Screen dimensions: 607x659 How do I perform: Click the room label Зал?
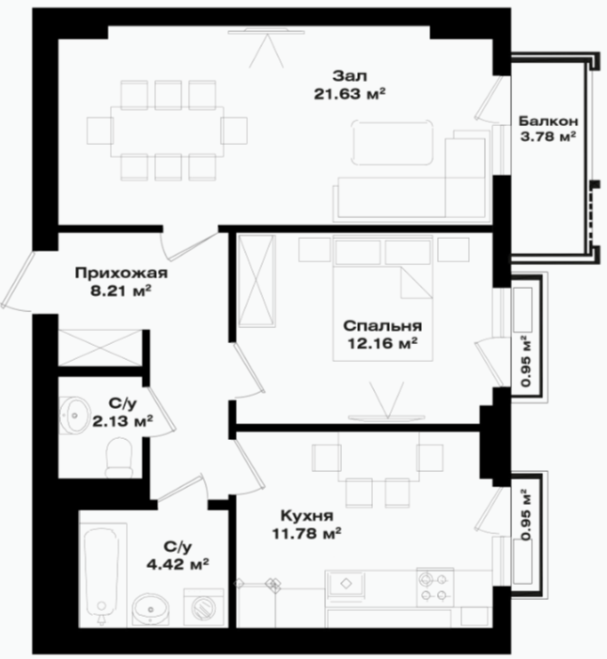coord(350,76)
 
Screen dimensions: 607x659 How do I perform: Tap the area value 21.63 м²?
coord(350,94)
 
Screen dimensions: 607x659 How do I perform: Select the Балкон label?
coord(548,121)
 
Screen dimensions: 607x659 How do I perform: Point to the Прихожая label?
coord(121,274)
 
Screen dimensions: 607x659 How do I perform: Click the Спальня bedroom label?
coord(382,325)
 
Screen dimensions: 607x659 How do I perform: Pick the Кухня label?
coord(306,516)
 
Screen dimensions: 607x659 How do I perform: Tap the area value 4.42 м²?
coord(178,564)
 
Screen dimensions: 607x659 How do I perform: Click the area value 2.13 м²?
coord(122,421)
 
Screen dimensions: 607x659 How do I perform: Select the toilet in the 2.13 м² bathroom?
coord(119,457)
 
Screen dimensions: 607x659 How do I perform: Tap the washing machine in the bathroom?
coord(204,607)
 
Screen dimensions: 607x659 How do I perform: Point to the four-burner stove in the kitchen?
coord(435,588)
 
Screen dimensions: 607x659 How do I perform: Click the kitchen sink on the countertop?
coord(346,584)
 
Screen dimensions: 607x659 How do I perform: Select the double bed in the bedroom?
coord(382,298)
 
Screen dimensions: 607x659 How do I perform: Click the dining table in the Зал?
coord(167,131)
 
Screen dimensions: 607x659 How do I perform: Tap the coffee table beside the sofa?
coord(393,142)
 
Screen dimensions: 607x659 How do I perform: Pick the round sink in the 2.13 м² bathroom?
coord(74,415)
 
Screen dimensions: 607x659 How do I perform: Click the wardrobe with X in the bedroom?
coord(257,281)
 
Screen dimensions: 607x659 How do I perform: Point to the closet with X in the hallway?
coord(100,348)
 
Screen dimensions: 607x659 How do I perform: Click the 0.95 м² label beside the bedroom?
coord(525,361)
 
